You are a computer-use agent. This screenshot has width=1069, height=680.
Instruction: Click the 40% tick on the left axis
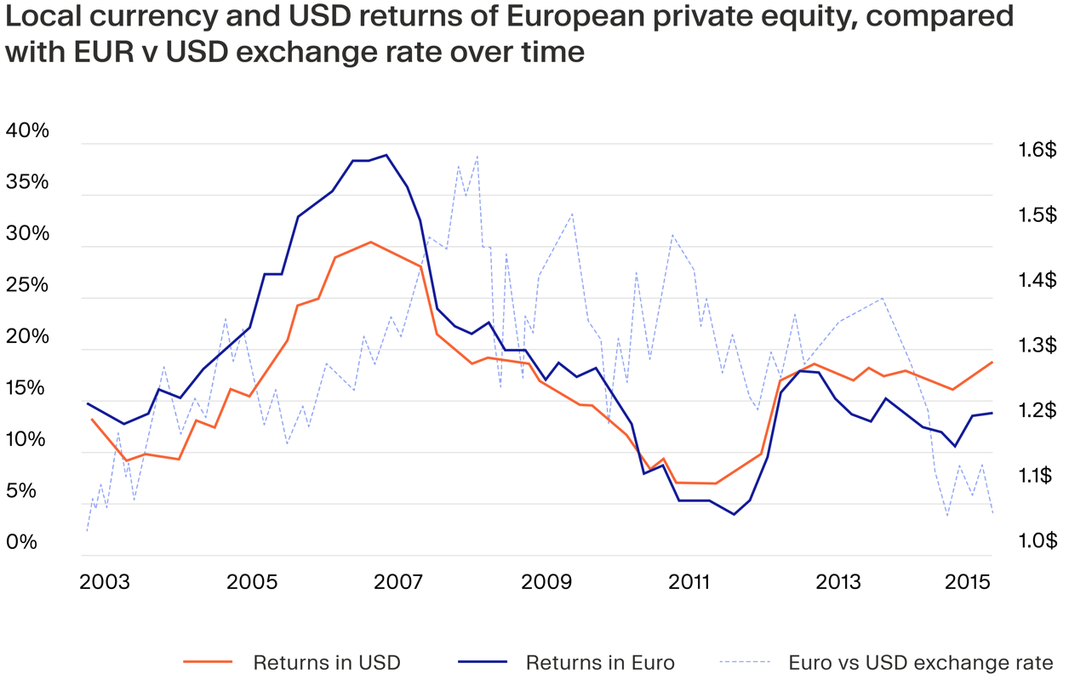[27, 130]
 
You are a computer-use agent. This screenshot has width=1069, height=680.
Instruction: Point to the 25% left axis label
[27, 284]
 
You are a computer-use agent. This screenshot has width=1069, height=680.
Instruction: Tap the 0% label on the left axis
[21, 541]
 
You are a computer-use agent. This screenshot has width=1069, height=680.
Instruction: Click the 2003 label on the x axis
[104, 582]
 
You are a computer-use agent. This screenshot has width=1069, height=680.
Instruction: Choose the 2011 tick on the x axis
[690, 582]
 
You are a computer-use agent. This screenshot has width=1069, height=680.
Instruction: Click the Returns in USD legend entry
[326, 662]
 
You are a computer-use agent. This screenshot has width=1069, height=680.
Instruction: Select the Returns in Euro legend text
[600, 662]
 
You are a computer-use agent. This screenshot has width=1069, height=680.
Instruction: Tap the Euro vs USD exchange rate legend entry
[921, 662]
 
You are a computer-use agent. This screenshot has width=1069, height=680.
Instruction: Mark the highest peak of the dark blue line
[386, 155]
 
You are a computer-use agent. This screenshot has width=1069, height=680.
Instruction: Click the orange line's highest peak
[371, 242]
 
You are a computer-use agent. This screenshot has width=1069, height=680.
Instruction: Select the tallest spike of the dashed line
[477, 157]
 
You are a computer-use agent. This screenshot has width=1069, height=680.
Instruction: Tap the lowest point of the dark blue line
[734, 514]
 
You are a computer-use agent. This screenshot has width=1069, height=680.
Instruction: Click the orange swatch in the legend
[208, 662]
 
